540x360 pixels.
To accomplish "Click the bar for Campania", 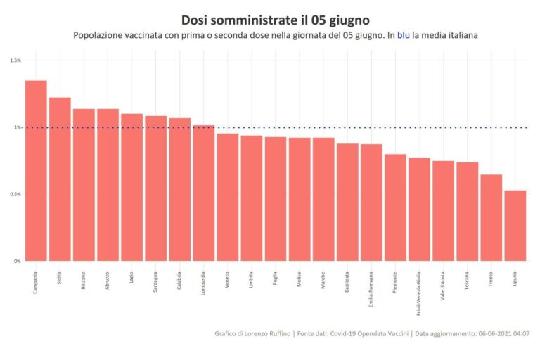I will tap(36, 171).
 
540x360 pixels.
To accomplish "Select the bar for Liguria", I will tap(515, 226).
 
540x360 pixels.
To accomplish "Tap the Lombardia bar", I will tap(204, 193).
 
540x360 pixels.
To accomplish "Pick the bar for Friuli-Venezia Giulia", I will tap(419, 210).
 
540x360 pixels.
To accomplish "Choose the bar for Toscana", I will tap(468, 212).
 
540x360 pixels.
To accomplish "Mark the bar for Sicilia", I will tap(60, 179).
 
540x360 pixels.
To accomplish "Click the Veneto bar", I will tap(228, 198).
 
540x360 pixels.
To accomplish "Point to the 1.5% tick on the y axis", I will tap(15, 60).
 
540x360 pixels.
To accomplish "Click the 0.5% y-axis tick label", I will tap(15, 194).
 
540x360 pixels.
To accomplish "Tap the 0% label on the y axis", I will tap(17, 261).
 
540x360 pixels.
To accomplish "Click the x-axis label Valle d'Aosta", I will tap(444, 284).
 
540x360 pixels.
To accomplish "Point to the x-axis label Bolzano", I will tap(84, 279).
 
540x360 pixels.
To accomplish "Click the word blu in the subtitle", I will tap(404, 34).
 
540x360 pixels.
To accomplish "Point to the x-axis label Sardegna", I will tap(156, 281).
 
